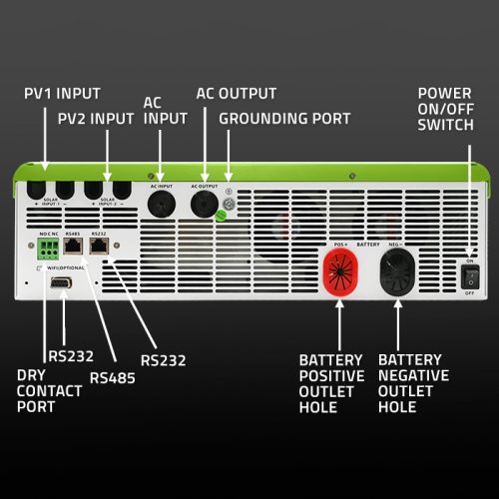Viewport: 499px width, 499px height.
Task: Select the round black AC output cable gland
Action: tap(206, 203)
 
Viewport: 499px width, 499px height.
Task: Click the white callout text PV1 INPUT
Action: tap(62, 94)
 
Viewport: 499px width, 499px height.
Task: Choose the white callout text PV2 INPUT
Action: tap(96, 118)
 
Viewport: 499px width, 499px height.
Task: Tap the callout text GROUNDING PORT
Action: tap(284, 118)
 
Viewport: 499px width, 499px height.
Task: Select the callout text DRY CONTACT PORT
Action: tap(49, 390)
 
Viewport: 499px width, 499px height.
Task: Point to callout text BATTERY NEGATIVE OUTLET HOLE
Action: tap(413, 383)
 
